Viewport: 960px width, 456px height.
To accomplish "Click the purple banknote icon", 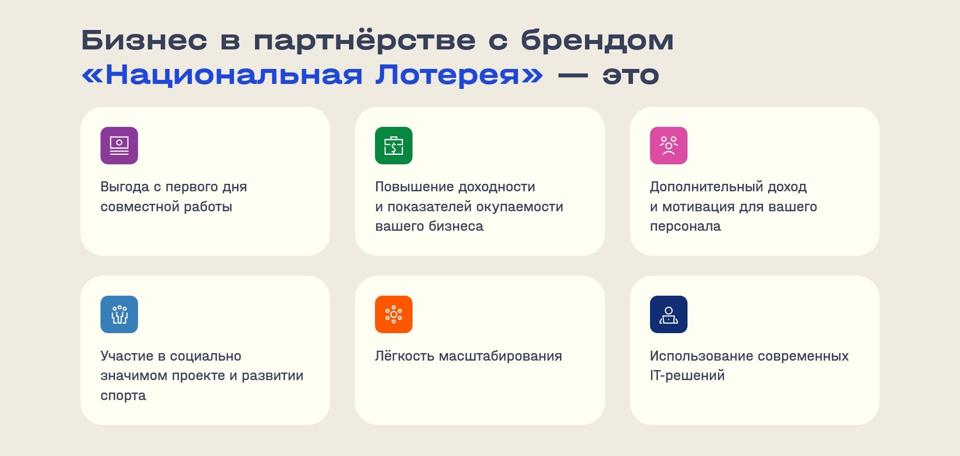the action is tap(119, 145).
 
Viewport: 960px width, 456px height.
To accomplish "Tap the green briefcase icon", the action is tap(393, 145).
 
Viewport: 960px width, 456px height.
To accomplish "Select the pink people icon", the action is tap(668, 145).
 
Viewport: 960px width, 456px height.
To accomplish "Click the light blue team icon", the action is tap(119, 314).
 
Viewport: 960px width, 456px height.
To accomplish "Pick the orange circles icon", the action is tap(393, 314).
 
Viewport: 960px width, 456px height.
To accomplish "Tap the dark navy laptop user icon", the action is tap(668, 314).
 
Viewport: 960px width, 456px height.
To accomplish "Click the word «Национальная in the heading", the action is tap(222, 75).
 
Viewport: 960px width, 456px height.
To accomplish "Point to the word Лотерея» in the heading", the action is tap(459, 75).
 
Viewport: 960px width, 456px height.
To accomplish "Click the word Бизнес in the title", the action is tap(144, 40).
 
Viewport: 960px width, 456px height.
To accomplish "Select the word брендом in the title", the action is tap(597, 40).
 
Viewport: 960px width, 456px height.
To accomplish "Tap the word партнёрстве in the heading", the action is tap(364, 41).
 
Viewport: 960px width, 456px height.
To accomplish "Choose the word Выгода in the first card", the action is tap(125, 187).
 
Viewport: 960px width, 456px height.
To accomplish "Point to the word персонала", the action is tap(685, 227).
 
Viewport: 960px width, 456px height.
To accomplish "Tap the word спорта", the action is tap(123, 396).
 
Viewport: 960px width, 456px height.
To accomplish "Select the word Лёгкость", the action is tap(404, 356).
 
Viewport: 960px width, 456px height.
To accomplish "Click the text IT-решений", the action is tap(687, 376).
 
